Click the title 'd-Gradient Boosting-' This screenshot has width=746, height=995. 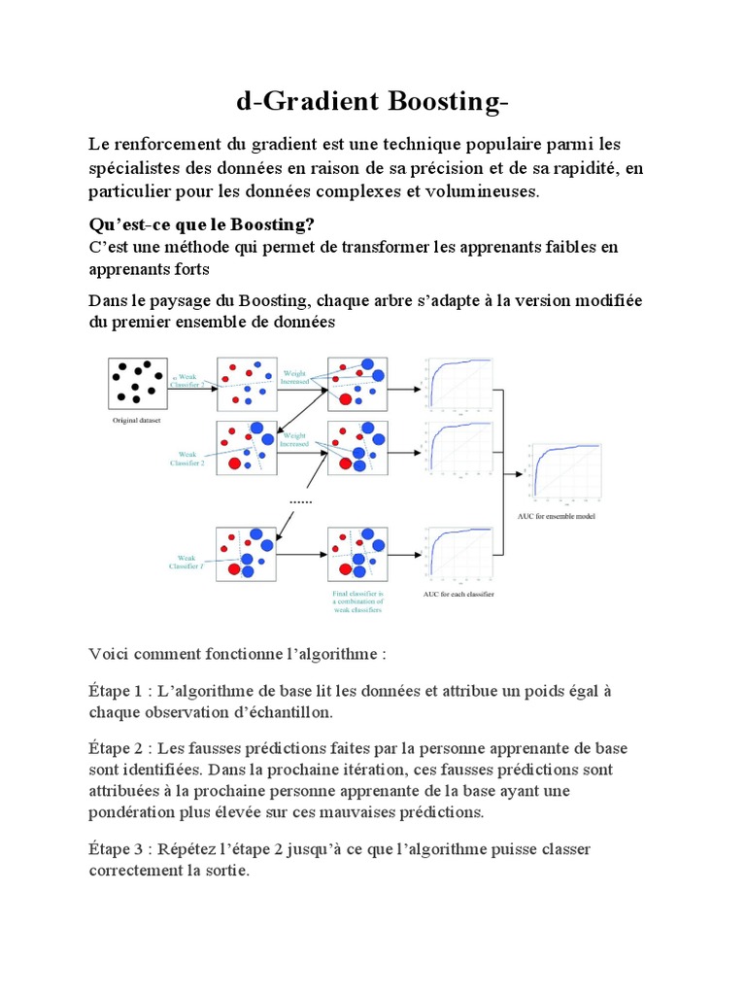(x=372, y=102)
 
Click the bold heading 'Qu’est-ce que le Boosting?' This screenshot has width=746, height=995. (x=201, y=224)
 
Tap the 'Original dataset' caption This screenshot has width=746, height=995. (x=138, y=423)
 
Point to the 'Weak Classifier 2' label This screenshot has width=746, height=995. (x=187, y=458)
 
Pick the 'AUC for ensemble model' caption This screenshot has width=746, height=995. (x=563, y=516)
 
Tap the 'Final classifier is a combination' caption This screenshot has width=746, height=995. (x=358, y=600)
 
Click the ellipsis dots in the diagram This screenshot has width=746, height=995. (x=301, y=500)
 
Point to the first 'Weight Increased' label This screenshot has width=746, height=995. (x=294, y=377)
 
